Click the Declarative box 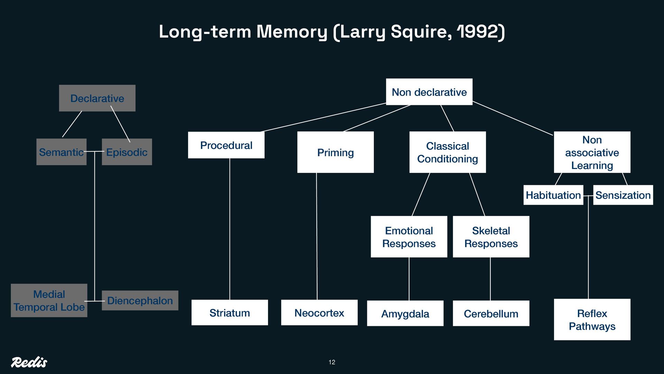click(97, 98)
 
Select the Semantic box click(61, 152)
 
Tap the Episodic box click(127, 152)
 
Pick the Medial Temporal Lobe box click(49, 301)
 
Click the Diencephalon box click(140, 301)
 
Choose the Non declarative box click(429, 92)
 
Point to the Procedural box click(226, 145)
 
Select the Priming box click(335, 152)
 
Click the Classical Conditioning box click(448, 152)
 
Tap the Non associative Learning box click(592, 152)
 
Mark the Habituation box click(553, 195)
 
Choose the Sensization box click(623, 195)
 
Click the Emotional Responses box click(409, 237)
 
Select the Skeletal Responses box click(491, 237)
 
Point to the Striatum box click(230, 313)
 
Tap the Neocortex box click(319, 313)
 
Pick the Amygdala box click(405, 313)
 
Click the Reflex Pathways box click(592, 320)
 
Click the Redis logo click(29, 362)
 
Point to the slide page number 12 click(332, 362)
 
